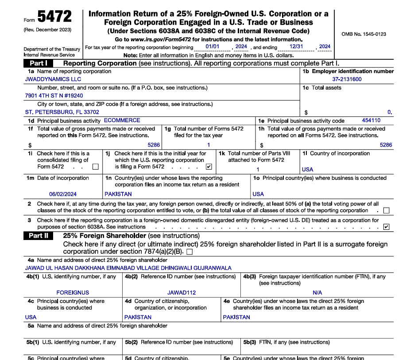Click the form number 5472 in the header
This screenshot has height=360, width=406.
54,17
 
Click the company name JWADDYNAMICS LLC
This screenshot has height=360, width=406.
47,79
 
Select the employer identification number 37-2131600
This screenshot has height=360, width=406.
347,79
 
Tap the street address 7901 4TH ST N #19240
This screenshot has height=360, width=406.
54,96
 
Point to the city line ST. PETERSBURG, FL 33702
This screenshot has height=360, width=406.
62,112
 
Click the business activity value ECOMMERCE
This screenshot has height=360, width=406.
122,120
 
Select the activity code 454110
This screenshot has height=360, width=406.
371,120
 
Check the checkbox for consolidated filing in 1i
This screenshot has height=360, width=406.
96,167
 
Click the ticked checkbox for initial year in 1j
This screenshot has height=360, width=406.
209,167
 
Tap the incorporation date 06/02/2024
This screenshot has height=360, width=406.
63,194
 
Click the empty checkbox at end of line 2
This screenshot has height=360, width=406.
387,211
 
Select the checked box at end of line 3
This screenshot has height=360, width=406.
387,227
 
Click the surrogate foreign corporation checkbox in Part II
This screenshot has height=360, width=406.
189,252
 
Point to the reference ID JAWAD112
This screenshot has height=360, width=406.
182,293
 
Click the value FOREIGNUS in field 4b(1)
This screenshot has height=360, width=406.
73,293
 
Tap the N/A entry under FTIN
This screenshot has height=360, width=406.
317,293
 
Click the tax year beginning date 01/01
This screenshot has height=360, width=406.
213,46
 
